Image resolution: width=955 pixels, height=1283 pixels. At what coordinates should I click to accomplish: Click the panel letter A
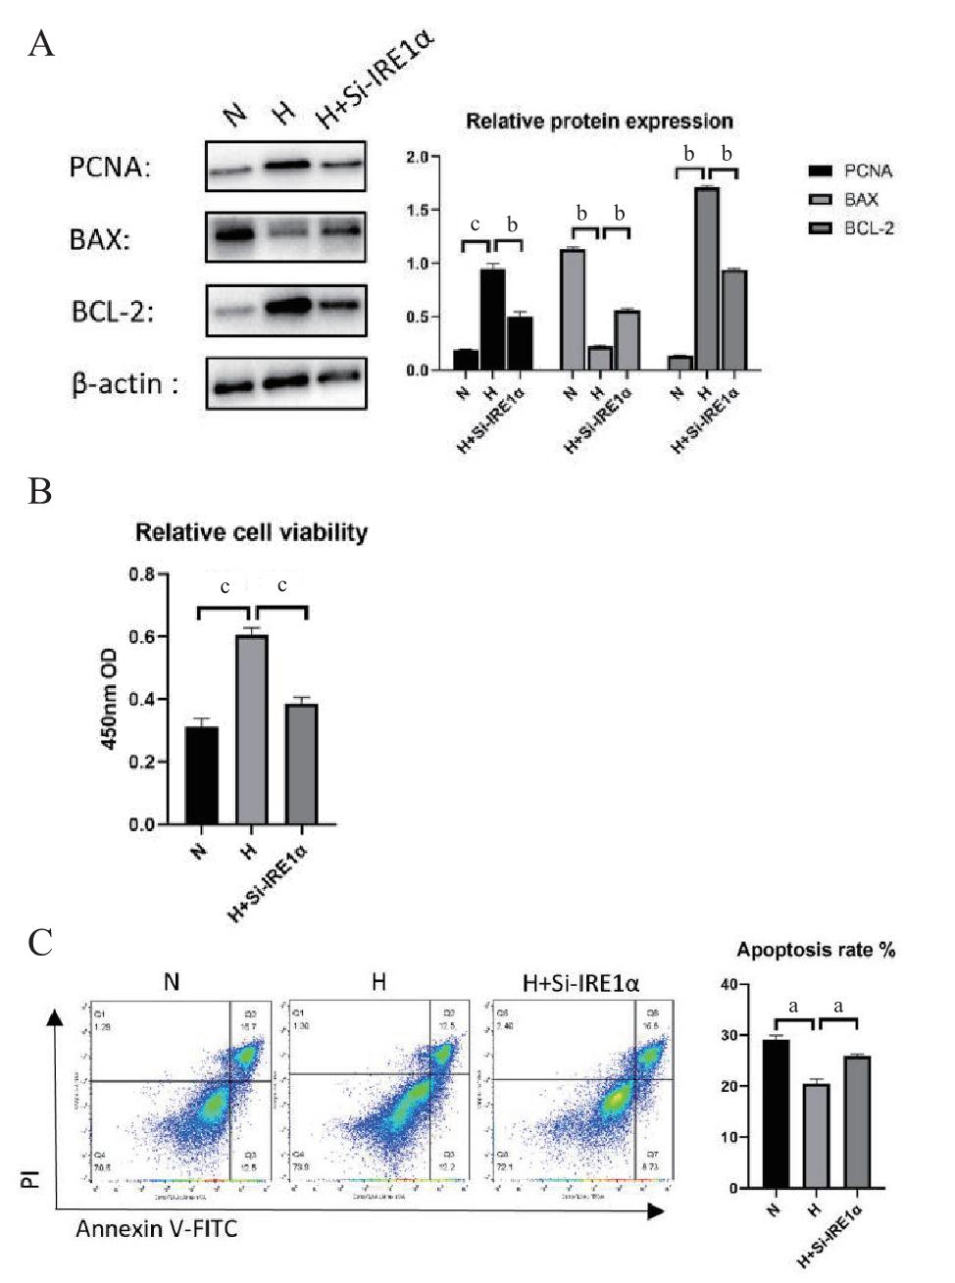41,44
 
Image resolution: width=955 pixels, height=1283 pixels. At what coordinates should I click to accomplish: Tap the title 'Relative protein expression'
599,122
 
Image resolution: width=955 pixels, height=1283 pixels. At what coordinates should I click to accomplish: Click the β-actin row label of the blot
125,383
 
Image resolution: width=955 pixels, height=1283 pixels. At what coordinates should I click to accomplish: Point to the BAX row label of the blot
99,239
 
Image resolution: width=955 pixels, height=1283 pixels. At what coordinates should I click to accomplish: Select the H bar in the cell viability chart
251,729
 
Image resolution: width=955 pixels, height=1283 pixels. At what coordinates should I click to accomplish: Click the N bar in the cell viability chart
202,774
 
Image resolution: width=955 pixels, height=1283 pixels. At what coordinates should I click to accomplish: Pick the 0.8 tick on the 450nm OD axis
142,574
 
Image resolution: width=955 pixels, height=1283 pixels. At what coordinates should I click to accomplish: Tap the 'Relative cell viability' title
251,532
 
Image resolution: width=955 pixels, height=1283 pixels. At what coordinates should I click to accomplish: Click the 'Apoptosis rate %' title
816,950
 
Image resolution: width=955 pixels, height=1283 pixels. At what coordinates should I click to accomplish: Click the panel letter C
41,943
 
